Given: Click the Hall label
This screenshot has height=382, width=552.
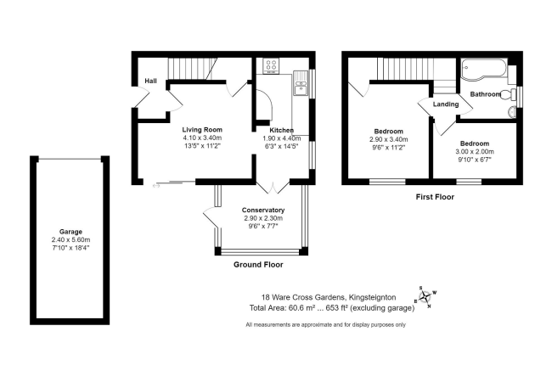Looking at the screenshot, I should click(x=150, y=81).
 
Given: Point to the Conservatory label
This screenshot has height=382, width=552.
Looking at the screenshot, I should click(x=262, y=211).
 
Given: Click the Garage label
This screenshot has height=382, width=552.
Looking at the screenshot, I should click(x=70, y=231).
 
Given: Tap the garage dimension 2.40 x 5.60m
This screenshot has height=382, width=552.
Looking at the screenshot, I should click(x=70, y=239).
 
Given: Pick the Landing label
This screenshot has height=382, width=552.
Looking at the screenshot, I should click(x=446, y=104).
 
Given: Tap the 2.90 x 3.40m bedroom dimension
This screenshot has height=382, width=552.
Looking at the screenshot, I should click(x=388, y=139).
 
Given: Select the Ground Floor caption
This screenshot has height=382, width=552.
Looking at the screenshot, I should click(x=258, y=265).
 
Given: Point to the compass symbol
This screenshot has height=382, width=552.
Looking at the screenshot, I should click(x=425, y=295).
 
